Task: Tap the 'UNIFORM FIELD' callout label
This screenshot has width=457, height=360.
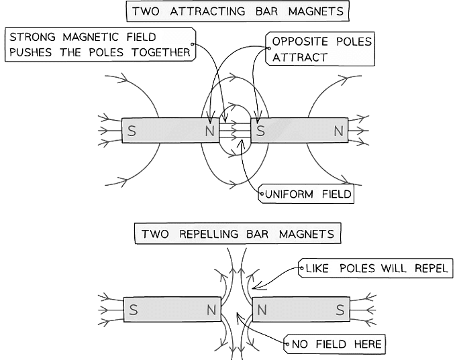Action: coord(307,194)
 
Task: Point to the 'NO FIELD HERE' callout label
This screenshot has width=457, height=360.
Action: coord(336,345)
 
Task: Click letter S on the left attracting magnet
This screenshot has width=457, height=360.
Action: coord(132,131)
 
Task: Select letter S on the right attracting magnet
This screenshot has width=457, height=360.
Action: coord(260,131)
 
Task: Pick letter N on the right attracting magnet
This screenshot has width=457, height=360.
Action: coord(338,131)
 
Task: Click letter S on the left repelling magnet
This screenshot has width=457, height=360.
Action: coord(134,310)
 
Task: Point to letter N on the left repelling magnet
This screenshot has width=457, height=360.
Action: coord(211,310)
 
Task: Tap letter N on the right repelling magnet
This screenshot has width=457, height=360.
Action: coord(262,310)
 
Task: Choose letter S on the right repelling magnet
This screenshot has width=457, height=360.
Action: coord(340,310)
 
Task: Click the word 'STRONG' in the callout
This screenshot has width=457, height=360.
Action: coord(34,38)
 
